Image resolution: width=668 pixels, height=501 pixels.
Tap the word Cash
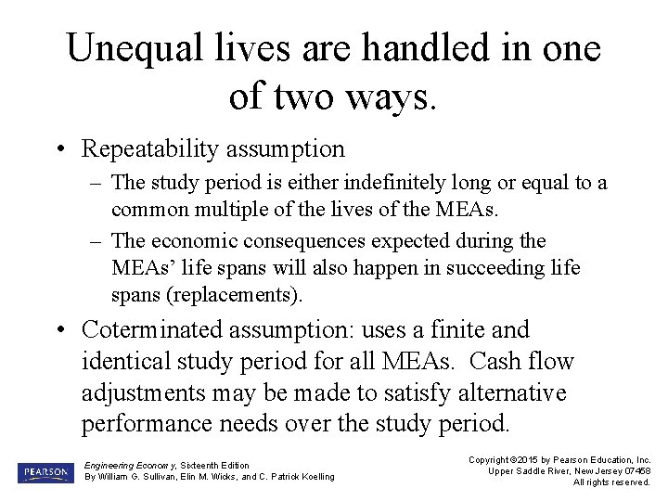point(496,361)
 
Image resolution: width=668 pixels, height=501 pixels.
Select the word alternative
point(504,392)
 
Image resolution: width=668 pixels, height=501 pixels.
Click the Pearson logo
point(44,472)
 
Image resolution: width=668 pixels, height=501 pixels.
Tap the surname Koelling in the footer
point(312,477)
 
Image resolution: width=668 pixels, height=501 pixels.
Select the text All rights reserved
point(611,482)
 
